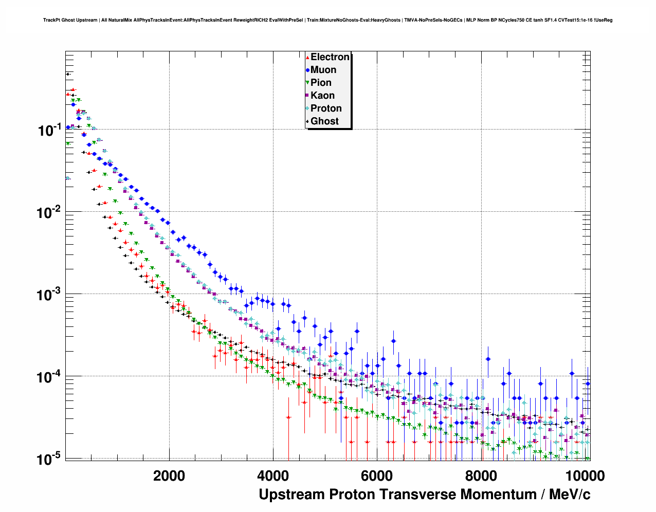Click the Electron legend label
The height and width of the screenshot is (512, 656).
(x=330, y=57)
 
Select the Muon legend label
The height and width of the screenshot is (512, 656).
(x=323, y=70)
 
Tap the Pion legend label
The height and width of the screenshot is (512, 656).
(x=321, y=83)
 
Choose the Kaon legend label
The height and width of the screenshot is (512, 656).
(x=322, y=96)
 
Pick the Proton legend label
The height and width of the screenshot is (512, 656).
(x=326, y=108)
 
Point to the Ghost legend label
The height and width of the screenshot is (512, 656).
(x=324, y=121)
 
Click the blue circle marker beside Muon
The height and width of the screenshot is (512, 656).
(x=307, y=70)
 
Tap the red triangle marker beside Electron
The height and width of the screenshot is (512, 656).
(x=307, y=57)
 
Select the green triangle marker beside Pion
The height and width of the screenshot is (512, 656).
(x=307, y=83)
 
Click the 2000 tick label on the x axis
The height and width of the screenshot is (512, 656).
(x=169, y=476)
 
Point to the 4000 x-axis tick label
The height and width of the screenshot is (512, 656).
(x=273, y=476)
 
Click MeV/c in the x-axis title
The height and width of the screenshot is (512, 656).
(x=570, y=495)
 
